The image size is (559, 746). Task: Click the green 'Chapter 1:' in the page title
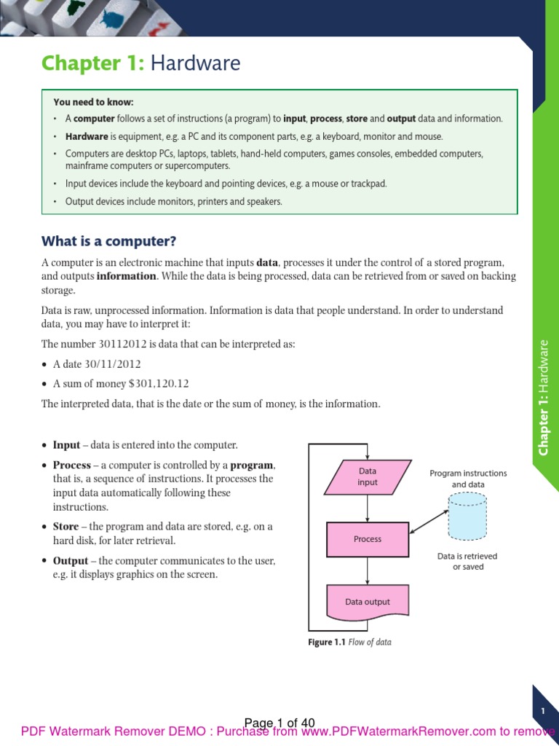click(92, 64)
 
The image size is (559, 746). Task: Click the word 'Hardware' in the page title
click(195, 64)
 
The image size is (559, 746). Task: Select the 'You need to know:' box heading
click(93, 102)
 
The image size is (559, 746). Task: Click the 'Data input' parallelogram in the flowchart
click(368, 476)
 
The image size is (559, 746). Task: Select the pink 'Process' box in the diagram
click(368, 539)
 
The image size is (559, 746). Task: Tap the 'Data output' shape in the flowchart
click(368, 602)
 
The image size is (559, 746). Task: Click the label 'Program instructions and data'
click(468, 479)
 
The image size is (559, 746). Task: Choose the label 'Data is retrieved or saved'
click(467, 561)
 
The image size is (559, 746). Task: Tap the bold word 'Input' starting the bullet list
click(66, 445)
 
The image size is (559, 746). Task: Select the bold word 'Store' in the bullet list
click(66, 527)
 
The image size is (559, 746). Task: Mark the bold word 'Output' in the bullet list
click(71, 561)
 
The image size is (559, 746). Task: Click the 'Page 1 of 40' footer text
click(279, 723)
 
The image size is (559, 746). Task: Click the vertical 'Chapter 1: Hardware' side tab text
click(544, 397)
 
